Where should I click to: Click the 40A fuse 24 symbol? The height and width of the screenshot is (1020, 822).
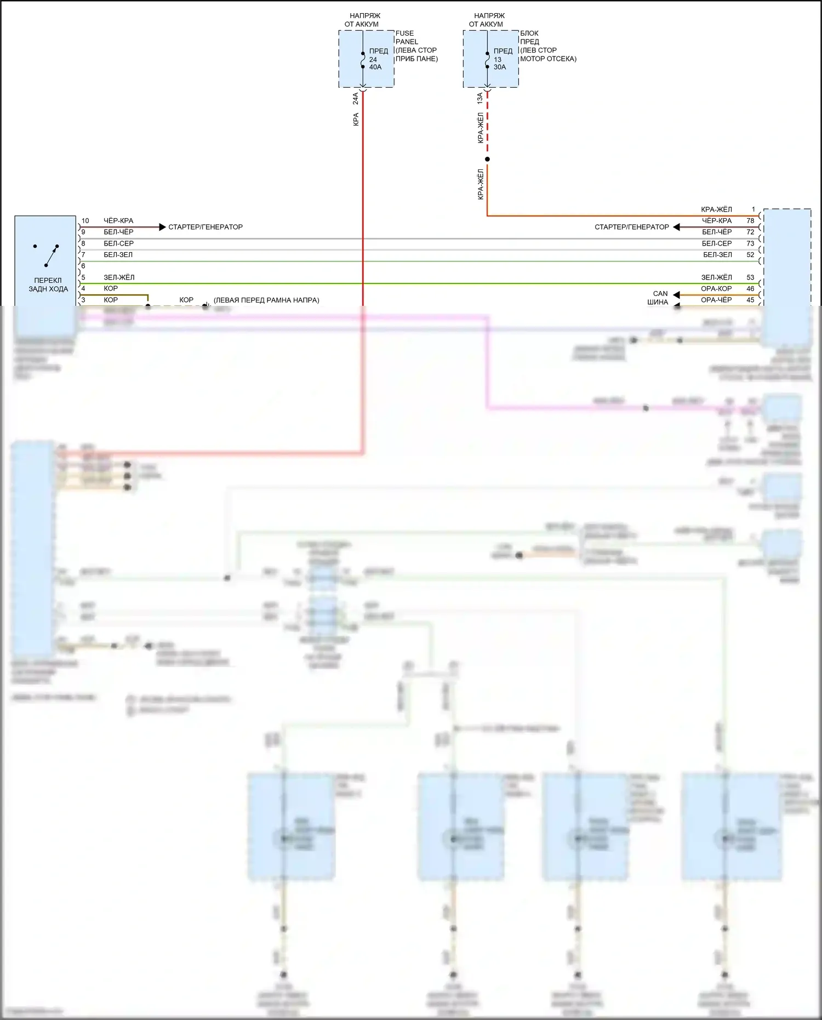coord(363,60)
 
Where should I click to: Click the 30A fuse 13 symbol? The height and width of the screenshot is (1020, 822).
coord(487,60)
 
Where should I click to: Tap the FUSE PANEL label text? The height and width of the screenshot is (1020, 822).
coord(407,37)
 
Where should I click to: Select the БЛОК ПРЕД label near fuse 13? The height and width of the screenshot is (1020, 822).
coord(529,37)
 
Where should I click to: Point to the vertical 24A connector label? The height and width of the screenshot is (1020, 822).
coord(356,99)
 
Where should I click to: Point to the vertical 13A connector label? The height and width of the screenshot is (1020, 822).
coord(480,99)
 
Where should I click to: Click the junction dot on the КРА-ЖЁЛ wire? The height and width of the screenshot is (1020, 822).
coord(487,159)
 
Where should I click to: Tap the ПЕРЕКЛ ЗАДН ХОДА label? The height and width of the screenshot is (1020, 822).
coord(48,284)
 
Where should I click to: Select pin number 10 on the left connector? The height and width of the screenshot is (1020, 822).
coord(85,221)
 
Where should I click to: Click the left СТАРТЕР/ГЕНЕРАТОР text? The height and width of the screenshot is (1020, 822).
coord(205,227)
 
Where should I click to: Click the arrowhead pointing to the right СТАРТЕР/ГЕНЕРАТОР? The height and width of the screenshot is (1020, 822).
coord(676,227)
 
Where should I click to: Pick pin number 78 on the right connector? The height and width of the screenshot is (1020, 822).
coord(750,221)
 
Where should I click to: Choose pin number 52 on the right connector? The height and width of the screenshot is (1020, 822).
coord(750,255)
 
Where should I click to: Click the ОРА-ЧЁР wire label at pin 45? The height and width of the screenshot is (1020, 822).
coord(716,300)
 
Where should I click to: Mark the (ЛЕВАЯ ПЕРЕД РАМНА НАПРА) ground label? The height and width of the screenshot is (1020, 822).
coord(266,300)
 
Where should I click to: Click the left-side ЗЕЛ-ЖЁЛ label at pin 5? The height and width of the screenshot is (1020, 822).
coord(119,277)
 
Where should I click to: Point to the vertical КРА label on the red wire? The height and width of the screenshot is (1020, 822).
coord(356,119)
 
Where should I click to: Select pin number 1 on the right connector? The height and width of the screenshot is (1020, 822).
coord(754,209)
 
